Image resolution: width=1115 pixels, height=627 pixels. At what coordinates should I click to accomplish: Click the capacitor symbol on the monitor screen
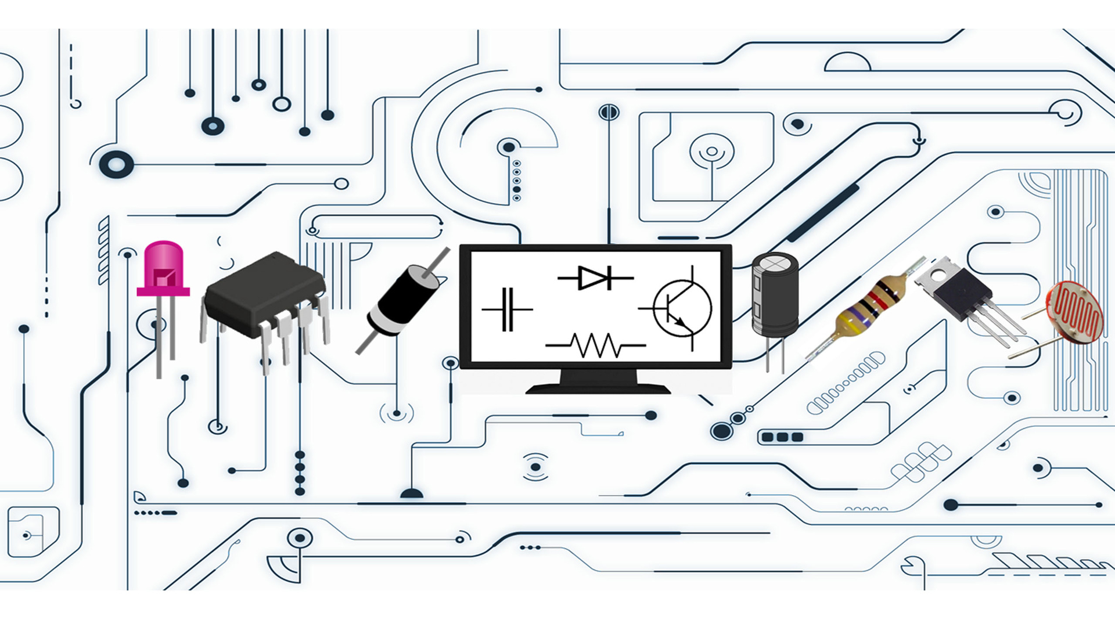tap(507, 309)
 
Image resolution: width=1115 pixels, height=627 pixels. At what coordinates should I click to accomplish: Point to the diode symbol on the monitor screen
tap(595, 278)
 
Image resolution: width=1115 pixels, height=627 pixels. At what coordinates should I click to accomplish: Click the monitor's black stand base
tap(598, 387)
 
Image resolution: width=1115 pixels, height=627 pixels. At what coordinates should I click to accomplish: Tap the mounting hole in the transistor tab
tap(936, 271)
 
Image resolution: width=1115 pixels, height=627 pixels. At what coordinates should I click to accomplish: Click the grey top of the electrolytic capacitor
tap(775, 264)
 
